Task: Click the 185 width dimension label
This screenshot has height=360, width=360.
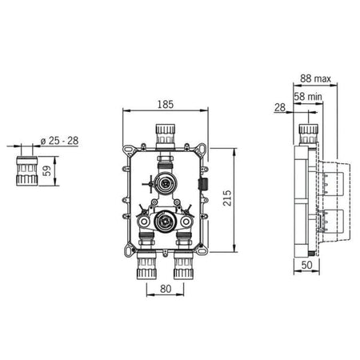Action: click(x=166, y=104)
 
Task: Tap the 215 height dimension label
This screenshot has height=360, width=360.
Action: click(x=227, y=198)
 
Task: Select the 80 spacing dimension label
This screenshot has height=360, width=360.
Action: click(x=166, y=289)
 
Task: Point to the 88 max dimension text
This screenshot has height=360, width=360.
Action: click(x=315, y=78)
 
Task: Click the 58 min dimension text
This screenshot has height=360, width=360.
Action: click(x=308, y=96)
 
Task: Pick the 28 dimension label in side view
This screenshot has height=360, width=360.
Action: click(x=280, y=107)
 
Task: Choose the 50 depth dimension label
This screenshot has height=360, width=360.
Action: click(x=306, y=265)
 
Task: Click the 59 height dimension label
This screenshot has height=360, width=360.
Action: click(x=46, y=171)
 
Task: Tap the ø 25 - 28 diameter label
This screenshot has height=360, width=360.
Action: click(x=59, y=141)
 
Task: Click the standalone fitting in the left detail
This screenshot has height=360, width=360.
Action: click(x=26, y=171)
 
